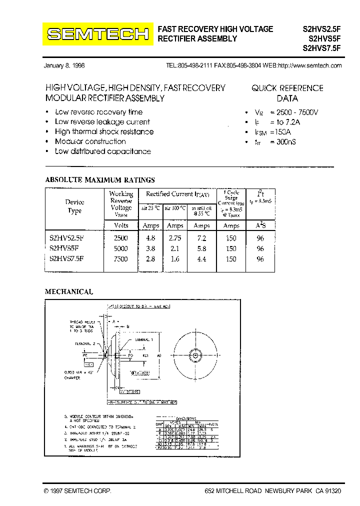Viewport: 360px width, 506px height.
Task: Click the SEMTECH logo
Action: pyautogui.click(x=98, y=34)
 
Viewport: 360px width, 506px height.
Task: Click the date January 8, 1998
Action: pyautogui.click(x=64, y=66)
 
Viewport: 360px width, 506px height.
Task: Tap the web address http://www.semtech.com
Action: pyautogui.click(x=309, y=66)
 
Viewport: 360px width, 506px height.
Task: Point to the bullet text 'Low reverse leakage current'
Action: pyautogui.click(x=102, y=122)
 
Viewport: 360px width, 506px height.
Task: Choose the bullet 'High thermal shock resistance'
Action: pyautogui.click(x=104, y=131)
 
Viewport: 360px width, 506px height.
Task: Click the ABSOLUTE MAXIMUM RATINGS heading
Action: pyautogui.click(x=100, y=180)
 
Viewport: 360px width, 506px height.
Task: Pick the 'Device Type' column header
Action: pyautogui.click(x=74, y=206)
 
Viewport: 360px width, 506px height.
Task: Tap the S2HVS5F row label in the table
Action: pyautogui.click(x=64, y=248)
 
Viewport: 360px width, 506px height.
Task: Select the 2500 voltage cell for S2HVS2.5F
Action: pyautogui.click(x=120, y=238)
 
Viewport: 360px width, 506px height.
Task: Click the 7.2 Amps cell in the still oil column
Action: pyautogui.click(x=201, y=238)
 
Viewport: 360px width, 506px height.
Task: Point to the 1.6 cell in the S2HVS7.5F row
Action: pyautogui.click(x=174, y=259)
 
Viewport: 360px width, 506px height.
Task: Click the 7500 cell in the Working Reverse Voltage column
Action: pyautogui.click(x=120, y=259)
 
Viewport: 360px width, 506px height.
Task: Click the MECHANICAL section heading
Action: pyautogui.click(x=69, y=292)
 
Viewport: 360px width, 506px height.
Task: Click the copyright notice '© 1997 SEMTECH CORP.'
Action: pyautogui.click(x=78, y=491)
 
